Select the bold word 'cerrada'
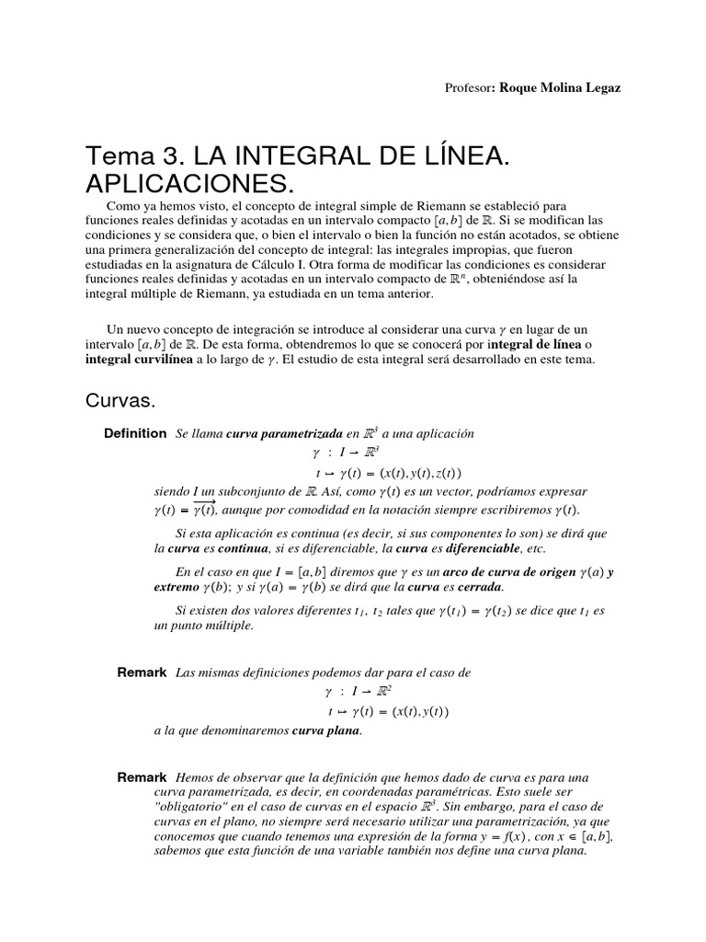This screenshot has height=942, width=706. click(479, 588)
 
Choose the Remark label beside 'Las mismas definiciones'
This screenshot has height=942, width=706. click(142, 672)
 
